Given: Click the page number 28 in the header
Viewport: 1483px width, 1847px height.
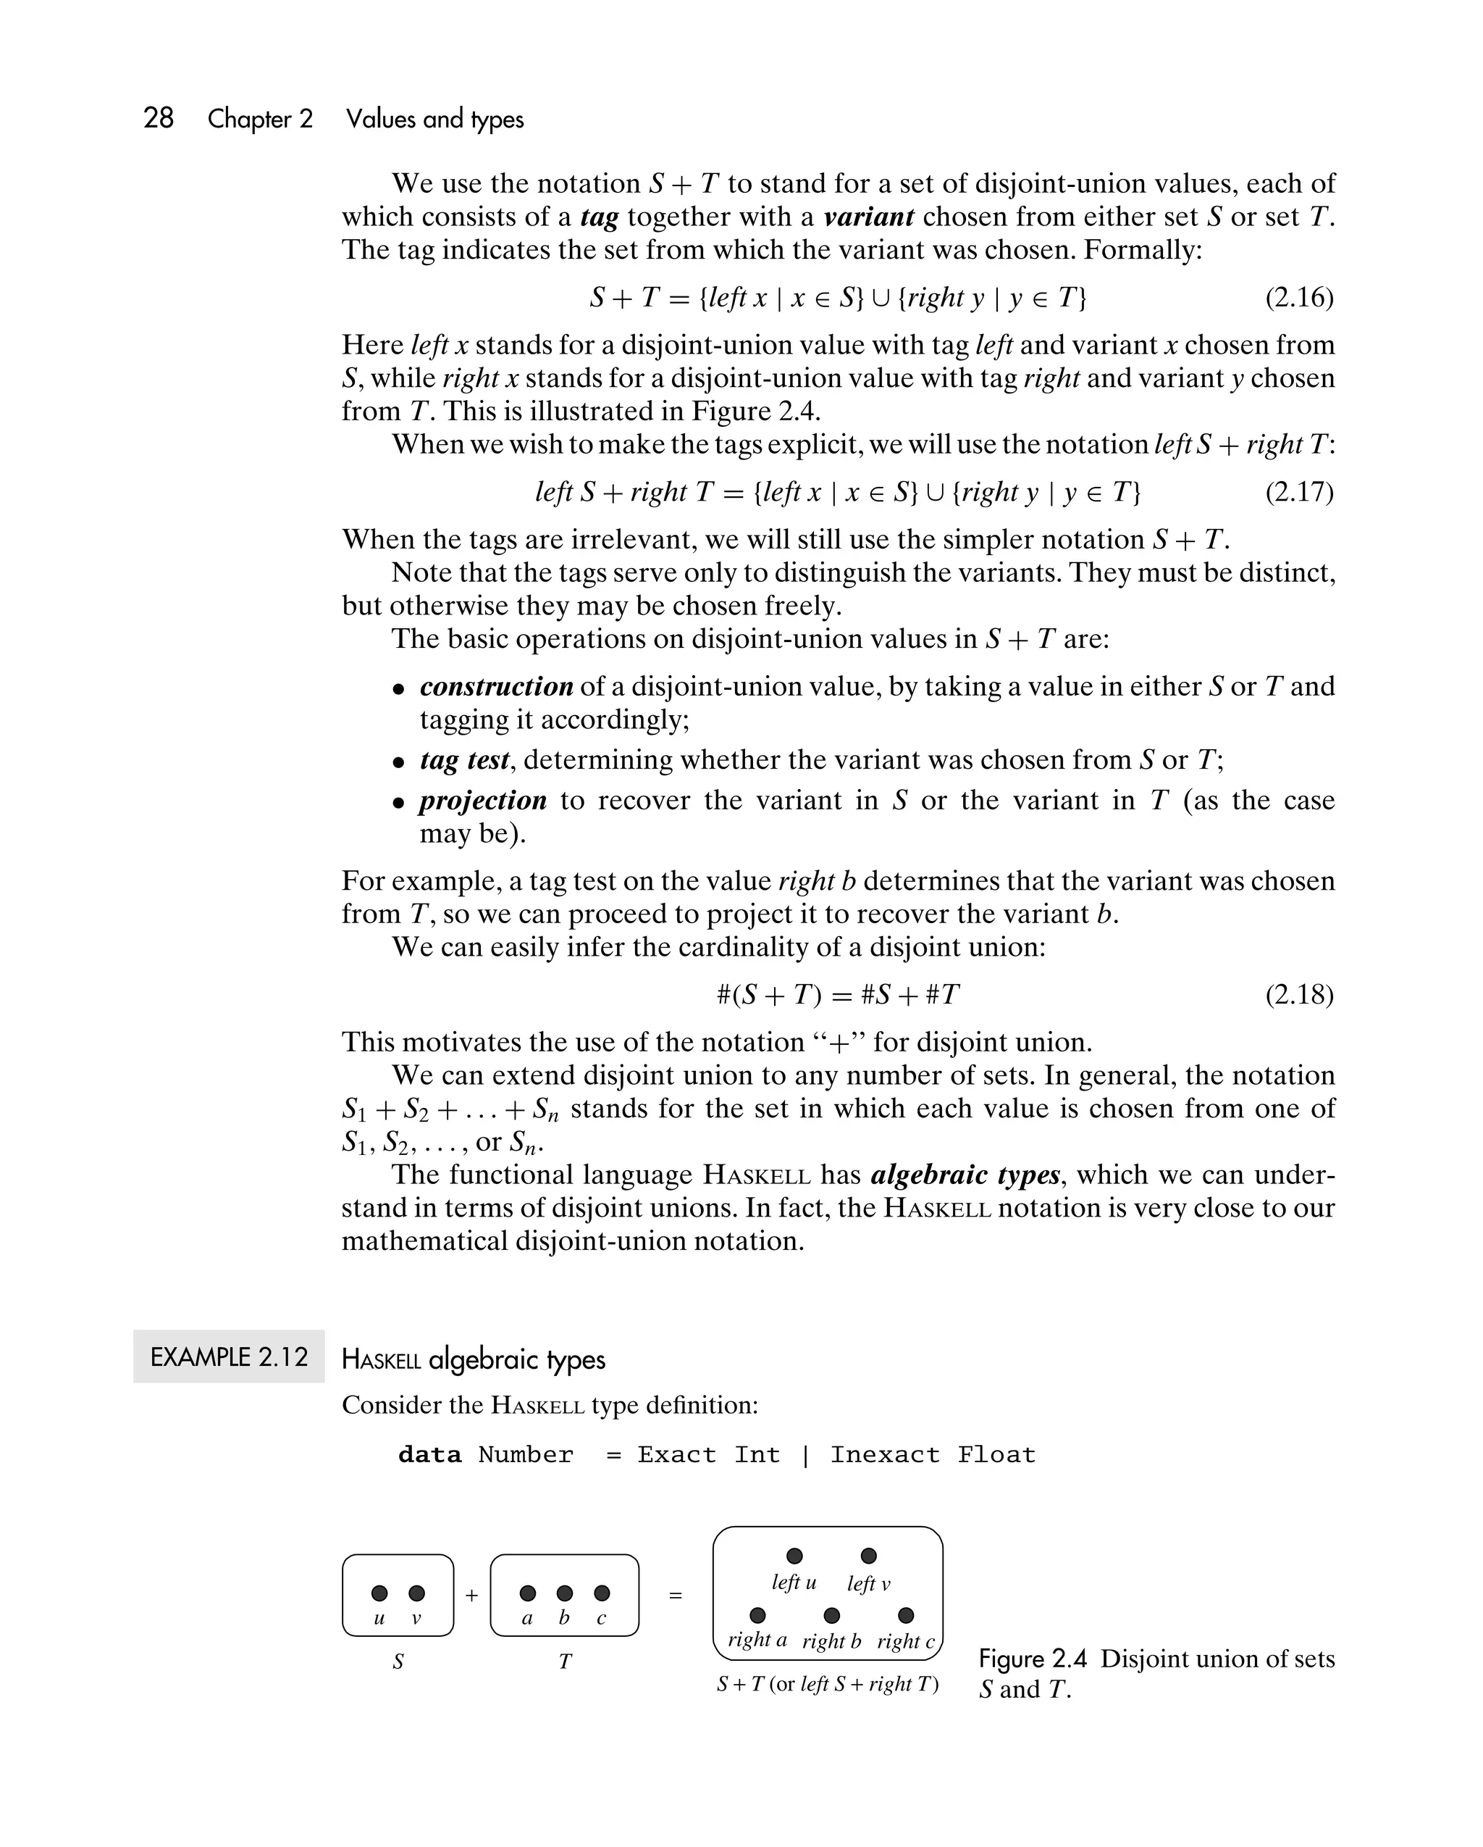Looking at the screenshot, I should (159, 117).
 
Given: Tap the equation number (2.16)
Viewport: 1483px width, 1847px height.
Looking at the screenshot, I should (1299, 297).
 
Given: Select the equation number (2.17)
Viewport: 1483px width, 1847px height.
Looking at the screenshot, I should (1299, 492).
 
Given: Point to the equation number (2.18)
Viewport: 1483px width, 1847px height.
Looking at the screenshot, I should (1299, 995).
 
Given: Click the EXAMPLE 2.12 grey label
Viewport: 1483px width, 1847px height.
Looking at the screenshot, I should (229, 1357).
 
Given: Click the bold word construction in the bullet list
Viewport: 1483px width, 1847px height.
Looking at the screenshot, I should (496, 686).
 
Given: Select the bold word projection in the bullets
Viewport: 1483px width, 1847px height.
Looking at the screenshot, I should (483, 800).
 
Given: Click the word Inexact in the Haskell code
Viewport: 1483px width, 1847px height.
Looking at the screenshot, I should (884, 1455).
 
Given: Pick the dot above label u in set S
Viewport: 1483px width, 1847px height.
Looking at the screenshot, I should (379, 1593).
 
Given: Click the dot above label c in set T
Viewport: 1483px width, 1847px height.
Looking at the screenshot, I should (602, 1593).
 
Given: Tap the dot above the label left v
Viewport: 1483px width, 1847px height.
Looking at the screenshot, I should (868, 1555).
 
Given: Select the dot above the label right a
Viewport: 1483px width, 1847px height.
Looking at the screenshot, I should (757, 1615).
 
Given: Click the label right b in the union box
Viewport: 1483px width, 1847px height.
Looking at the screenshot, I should (831, 1641).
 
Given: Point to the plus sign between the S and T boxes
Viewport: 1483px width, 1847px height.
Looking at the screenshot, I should (471, 1595).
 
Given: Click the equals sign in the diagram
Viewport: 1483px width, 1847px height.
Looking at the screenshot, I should (676, 1595).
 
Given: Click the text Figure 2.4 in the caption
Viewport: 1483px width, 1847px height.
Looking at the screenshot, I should (1032, 1659).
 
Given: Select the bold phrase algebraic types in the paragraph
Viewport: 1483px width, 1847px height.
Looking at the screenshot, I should (965, 1175).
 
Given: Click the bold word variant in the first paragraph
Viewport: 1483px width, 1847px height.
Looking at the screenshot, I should (868, 217).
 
